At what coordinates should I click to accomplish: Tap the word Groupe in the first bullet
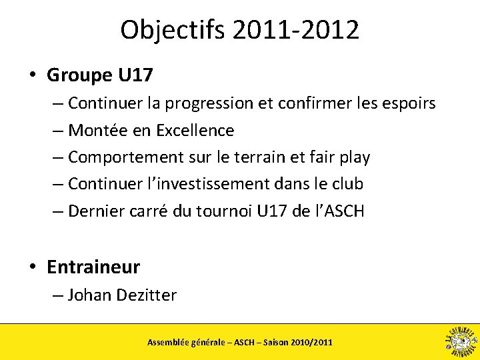pyautogui.click(x=79, y=75)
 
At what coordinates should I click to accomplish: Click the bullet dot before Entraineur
pyautogui.click(x=32, y=267)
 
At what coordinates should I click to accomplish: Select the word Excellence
pyautogui.click(x=195, y=130)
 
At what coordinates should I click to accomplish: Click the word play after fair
pyautogui.click(x=353, y=157)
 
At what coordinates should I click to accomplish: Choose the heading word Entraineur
pyautogui.click(x=93, y=267)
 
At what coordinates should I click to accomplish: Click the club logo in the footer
pyautogui.click(x=460, y=341)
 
